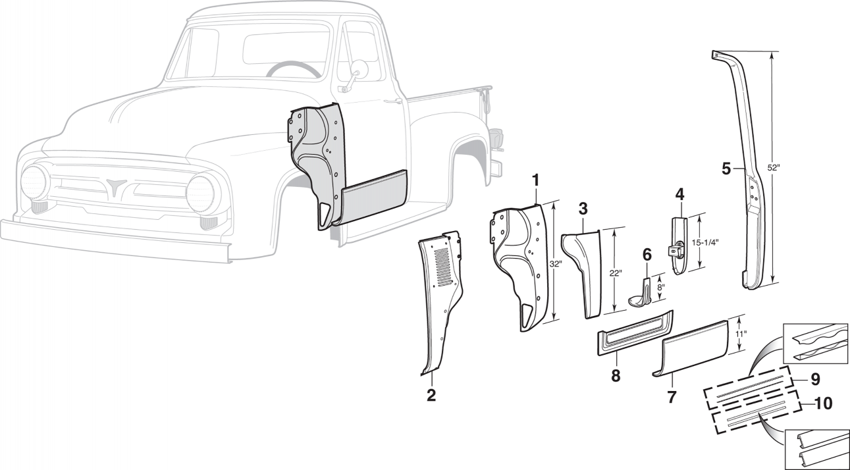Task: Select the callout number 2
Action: [x=431, y=395]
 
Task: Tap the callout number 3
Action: [x=583, y=209]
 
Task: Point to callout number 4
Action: [x=679, y=194]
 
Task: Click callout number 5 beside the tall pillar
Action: [x=726, y=169]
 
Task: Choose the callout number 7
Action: [x=672, y=397]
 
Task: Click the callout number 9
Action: [x=815, y=379]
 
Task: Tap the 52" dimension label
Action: [x=774, y=168]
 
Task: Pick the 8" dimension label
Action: [x=660, y=287]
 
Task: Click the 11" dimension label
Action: [x=740, y=335]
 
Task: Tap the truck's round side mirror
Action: [x=360, y=68]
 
